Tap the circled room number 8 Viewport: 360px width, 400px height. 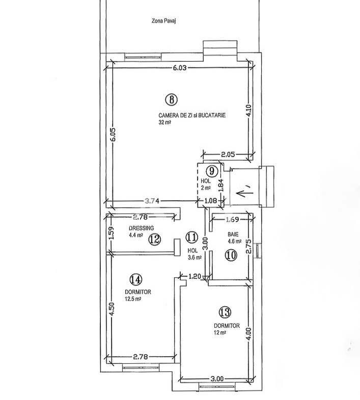click(x=171, y=99)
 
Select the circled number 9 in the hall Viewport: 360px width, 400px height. click(x=212, y=171)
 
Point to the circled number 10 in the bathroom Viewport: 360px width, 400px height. click(x=231, y=255)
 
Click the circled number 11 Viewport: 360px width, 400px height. click(x=191, y=237)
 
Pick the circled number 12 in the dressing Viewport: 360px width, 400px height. click(x=155, y=239)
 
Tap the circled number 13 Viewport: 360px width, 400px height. click(x=225, y=312)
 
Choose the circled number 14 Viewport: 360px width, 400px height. click(x=135, y=280)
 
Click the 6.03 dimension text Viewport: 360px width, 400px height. click(x=180, y=68)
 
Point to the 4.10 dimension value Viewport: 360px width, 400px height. click(x=249, y=110)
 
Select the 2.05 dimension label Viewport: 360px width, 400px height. click(x=228, y=154)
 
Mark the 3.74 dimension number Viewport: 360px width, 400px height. click(x=152, y=201)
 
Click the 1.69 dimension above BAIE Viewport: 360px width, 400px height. click(x=233, y=219)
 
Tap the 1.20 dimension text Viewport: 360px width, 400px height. click(x=195, y=276)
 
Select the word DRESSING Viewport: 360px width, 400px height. click(x=141, y=228)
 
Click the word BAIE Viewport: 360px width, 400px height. click(x=233, y=234)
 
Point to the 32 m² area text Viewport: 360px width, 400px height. click(x=164, y=122)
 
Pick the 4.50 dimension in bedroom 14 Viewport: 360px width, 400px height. click(x=113, y=309)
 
